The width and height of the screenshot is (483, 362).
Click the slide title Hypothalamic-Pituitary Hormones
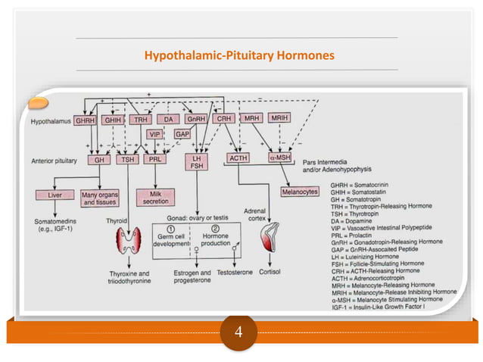[x=239, y=55]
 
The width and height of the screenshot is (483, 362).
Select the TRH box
[x=142, y=120]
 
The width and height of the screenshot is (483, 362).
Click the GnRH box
[x=197, y=120]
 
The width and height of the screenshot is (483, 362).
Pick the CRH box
[x=225, y=120]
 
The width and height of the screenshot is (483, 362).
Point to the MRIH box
[x=279, y=120]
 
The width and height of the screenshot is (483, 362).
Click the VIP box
[x=156, y=135]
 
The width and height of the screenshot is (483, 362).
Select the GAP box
[x=182, y=135]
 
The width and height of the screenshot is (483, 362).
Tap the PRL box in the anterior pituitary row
[x=157, y=160]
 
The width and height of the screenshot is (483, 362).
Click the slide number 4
[x=240, y=330]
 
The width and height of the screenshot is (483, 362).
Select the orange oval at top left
[x=39, y=102]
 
